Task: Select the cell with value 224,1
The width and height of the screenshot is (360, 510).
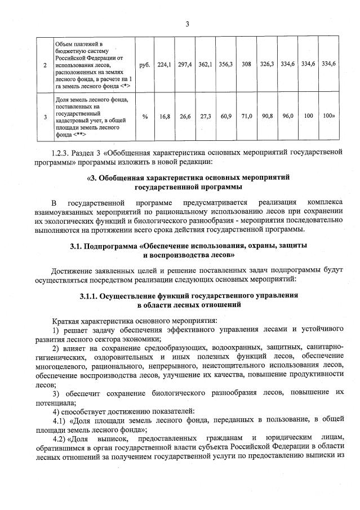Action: point(164,64)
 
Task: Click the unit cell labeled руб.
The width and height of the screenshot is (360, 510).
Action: point(144,64)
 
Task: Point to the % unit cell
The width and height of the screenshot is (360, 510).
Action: point(144,116)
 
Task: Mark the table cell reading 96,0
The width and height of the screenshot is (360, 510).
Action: point(288,116)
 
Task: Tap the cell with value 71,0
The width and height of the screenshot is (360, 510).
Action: point(246,116)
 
